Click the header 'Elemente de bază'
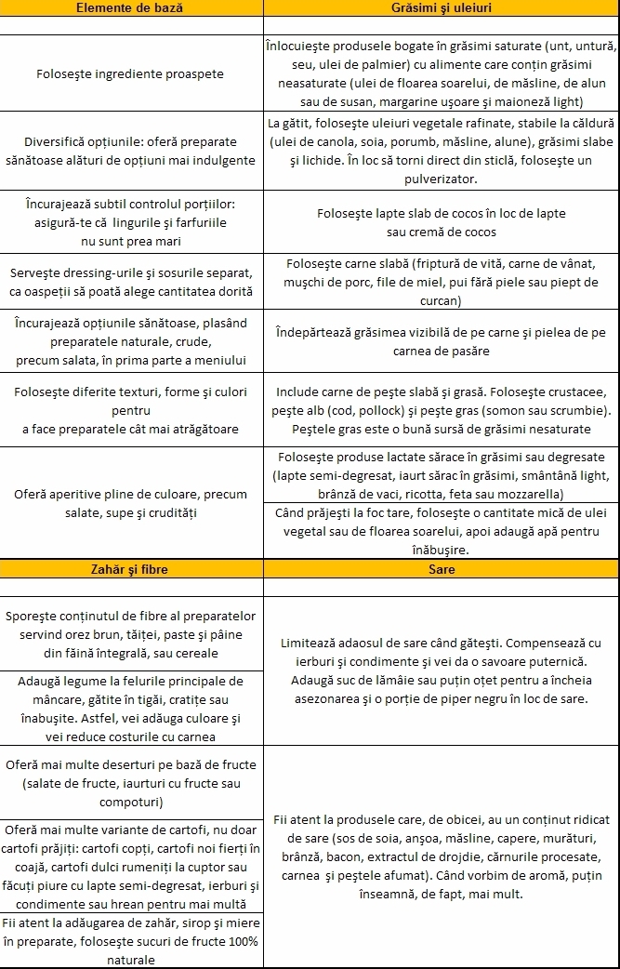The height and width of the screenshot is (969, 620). (129, 7)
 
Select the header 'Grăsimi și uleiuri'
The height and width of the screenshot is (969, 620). (442, 7)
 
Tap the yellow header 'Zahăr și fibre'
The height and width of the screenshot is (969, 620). (129, 568)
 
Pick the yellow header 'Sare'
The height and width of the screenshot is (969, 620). (442, 568)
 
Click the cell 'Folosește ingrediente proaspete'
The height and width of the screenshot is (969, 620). (129, 73)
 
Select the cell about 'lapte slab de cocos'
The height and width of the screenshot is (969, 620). (442, 222)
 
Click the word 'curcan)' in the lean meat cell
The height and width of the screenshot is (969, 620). (442, 300)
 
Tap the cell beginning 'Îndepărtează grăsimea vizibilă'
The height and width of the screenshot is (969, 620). (442, 341)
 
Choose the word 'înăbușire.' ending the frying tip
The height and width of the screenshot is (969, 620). (442, 550)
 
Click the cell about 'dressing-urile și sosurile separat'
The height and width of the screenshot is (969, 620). (129, 282)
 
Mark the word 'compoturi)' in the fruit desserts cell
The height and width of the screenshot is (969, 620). (129, 801)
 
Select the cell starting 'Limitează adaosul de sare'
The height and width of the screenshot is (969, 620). (442, 670)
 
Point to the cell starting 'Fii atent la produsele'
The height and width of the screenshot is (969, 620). (442, 856)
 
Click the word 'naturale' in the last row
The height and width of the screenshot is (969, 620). (129, 959)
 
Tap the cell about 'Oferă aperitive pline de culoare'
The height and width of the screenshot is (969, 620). (129, 503)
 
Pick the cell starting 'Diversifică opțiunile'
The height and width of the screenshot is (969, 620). (129, 151)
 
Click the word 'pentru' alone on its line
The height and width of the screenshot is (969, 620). (129, 409)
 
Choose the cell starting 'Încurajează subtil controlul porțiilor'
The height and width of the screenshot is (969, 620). (129, 222)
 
